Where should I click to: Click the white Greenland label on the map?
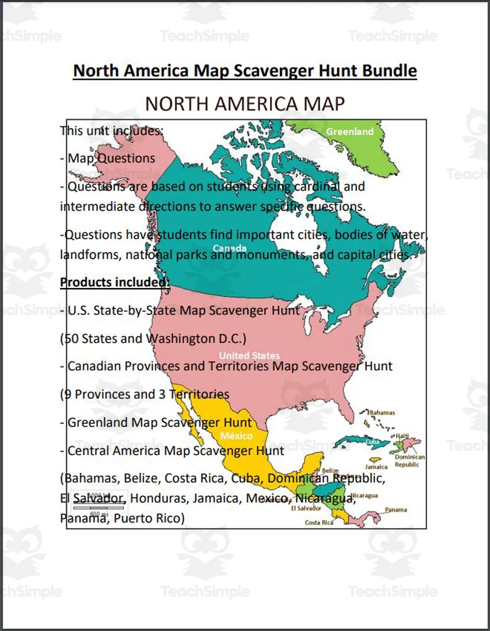(350, 132)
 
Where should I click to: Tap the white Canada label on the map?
(230, 248)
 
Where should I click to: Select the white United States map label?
(249, 355)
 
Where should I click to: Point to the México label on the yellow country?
(236, 436)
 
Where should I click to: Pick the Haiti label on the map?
(402, 436)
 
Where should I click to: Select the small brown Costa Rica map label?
(319, 523)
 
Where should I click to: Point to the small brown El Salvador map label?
(306, 508)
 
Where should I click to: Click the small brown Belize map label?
(322, 470)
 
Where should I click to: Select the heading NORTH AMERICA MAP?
(245, 104)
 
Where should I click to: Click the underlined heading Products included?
(115, 282)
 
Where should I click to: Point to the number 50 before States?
(71, 339)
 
